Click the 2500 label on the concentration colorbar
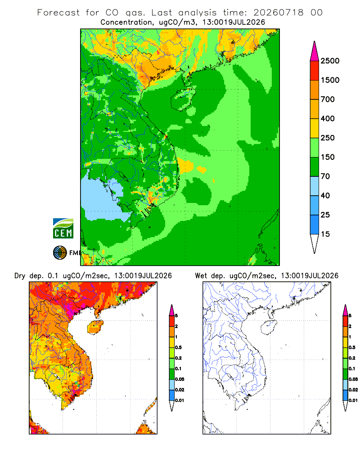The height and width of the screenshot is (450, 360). [330, 61]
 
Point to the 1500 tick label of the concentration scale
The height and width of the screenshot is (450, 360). [330, 80]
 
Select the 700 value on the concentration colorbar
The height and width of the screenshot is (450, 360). [328, 99]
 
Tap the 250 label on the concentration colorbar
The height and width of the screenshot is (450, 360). [328, 138]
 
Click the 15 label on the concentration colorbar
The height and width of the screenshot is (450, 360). [325, 234]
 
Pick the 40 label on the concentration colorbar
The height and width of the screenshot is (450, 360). [325, 196]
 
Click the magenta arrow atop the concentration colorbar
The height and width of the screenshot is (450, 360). [315, 51]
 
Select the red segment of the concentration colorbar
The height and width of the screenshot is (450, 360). [315, 71]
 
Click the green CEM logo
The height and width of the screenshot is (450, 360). [63, 229]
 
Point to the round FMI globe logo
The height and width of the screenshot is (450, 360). [60, 253]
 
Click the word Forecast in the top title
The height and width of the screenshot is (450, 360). [58, 13]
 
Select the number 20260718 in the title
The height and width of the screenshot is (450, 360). [279, 13]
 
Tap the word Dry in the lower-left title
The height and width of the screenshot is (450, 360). [20, 276]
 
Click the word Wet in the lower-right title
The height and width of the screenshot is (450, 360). [201, 276]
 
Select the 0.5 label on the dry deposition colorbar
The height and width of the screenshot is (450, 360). [178, 347]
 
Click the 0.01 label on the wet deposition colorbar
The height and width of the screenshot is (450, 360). [353, 400]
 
